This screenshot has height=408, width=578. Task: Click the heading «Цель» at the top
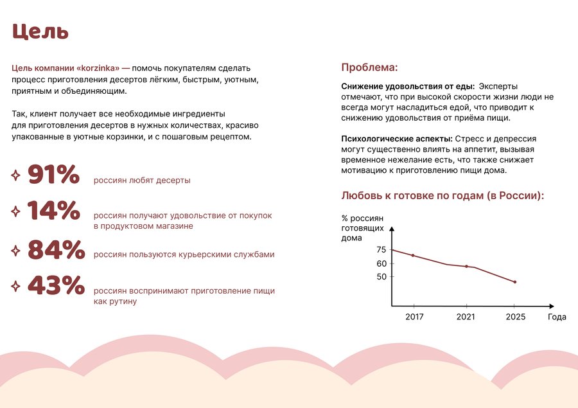point(40,31)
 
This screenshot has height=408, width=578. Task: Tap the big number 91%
point(53,175)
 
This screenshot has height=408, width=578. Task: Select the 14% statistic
point(53,211)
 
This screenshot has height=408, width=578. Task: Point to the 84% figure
point(56,249)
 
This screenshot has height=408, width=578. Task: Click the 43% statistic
point(56,286)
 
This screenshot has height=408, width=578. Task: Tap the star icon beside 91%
point(15,175)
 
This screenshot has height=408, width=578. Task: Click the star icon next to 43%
point(15,287)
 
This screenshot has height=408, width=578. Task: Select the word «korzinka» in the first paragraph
point(100,67)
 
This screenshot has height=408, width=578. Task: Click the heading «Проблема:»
point(369,67)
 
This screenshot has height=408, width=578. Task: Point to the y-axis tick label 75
point(381,250)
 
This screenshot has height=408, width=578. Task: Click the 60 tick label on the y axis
point(381,263)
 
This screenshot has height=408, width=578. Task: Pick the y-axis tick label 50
point(381,277)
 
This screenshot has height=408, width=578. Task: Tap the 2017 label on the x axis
point(414,317)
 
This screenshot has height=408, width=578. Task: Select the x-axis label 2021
point(466,317)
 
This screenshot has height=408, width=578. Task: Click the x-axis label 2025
point(515,317)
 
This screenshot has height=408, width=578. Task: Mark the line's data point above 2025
point(515,282)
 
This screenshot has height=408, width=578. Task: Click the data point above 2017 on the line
point(413,256)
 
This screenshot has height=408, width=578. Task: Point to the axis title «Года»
point(557,317)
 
